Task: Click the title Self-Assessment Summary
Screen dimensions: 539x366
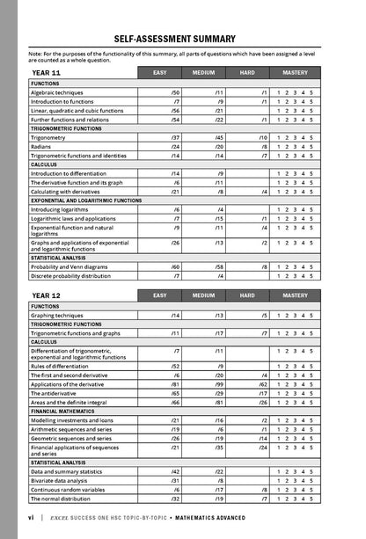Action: click(182, 39)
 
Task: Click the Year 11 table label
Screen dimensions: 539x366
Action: click(46, 72)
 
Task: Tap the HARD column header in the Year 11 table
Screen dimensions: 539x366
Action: click(247, 72)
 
